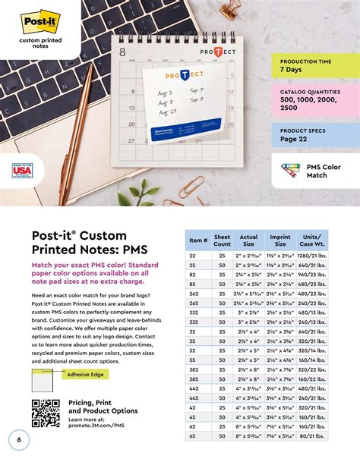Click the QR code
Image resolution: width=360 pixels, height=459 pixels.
(45, 413)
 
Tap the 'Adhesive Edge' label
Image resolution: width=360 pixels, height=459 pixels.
(86, 374)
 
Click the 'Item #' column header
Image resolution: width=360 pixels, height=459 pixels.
(197, 241)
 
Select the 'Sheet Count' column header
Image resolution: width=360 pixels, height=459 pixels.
(222, 241)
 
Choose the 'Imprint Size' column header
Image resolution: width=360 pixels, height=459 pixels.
(280, 241)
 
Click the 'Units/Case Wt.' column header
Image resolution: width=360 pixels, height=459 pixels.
(311, 241)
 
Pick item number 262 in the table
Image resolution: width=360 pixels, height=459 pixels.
(194, 293)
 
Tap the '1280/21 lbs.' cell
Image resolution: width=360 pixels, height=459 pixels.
(311, 256)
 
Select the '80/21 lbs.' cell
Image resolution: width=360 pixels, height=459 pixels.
(311, 436)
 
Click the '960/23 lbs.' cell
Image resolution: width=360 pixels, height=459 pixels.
(311, 275)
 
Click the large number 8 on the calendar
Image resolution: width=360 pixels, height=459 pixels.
(123, 53)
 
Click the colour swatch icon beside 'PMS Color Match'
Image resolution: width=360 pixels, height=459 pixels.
(290, 171)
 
